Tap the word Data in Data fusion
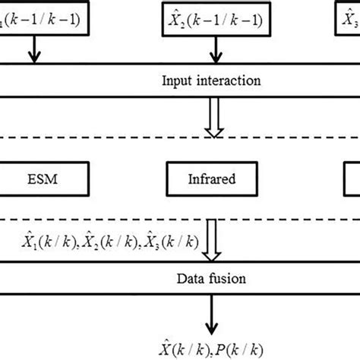(196, 278)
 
